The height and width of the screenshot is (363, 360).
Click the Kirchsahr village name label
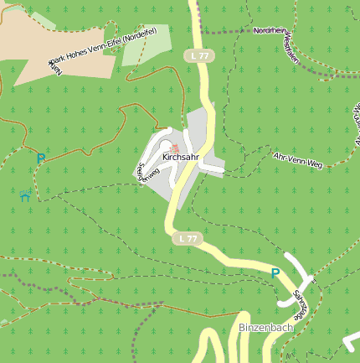pos(180,157)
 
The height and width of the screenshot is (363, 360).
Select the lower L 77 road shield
pos(188,239)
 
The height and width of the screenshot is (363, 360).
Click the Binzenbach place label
pos(265,327)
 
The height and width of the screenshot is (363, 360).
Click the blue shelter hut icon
pos(26,195)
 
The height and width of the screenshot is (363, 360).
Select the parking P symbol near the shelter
pos(40,157)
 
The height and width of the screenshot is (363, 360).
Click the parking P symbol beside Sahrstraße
pos(275,272)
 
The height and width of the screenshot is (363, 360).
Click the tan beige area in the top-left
pos(25,50)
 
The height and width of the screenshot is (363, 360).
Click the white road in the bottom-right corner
pos(352,342)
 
